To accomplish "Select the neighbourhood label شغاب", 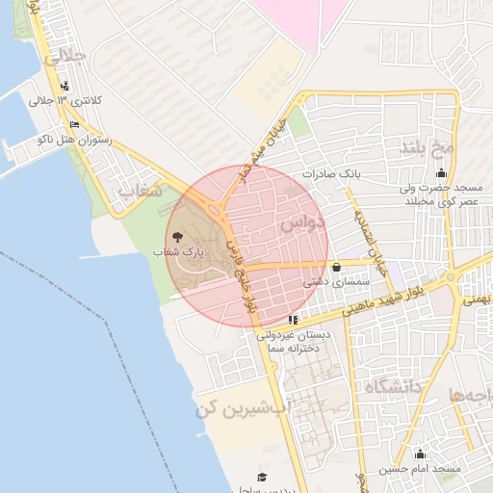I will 138,197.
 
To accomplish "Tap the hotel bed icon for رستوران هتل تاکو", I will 74,124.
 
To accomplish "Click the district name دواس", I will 302,223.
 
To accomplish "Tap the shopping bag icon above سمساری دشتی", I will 335,268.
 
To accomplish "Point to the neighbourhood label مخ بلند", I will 427,147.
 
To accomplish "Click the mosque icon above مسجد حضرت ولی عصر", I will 441,173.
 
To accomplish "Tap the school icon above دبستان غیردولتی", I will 293,320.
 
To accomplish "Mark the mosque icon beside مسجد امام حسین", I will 419,454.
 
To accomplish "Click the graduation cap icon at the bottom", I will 261,477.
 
